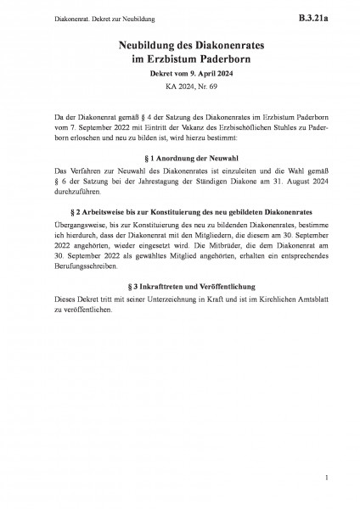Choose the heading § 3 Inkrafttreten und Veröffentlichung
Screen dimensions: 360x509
(180, 287)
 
